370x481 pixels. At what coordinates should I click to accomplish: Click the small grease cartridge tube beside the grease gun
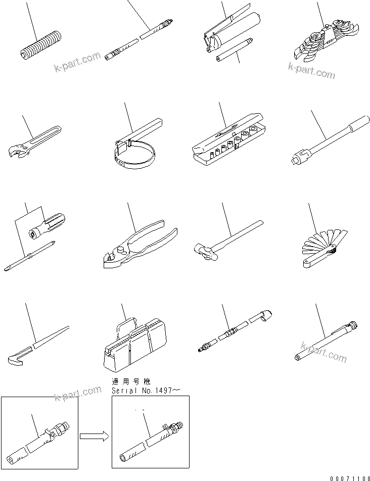click(x=234, y=51)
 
